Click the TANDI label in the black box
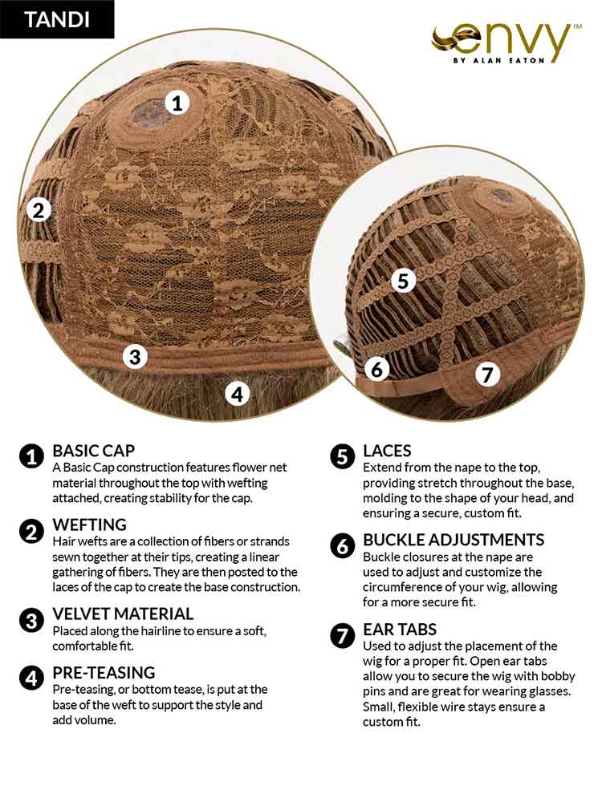[x=57, y=19]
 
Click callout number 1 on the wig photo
[x=177, y=103]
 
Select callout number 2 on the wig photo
[x=39, y=210]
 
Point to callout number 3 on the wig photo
[x=135, y=357]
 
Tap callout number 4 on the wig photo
[x=237, y=395]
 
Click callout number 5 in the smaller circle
[x=404, y=281]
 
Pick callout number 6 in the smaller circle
[x=377, y=369]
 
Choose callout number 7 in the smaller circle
[x=487, y=375]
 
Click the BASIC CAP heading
[x=94, y=451]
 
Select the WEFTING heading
[x=90, y=525]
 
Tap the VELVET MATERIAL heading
[x=123, y=614]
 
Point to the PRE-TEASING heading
[x=104, y=673]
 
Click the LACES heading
[x=387, y=451]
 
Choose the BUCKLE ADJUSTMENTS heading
[x=454, y=540]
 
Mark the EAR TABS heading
[x=400, y=629]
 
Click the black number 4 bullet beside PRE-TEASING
[x=31, y=678]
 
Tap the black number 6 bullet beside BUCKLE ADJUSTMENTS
[x=343, y=545]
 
